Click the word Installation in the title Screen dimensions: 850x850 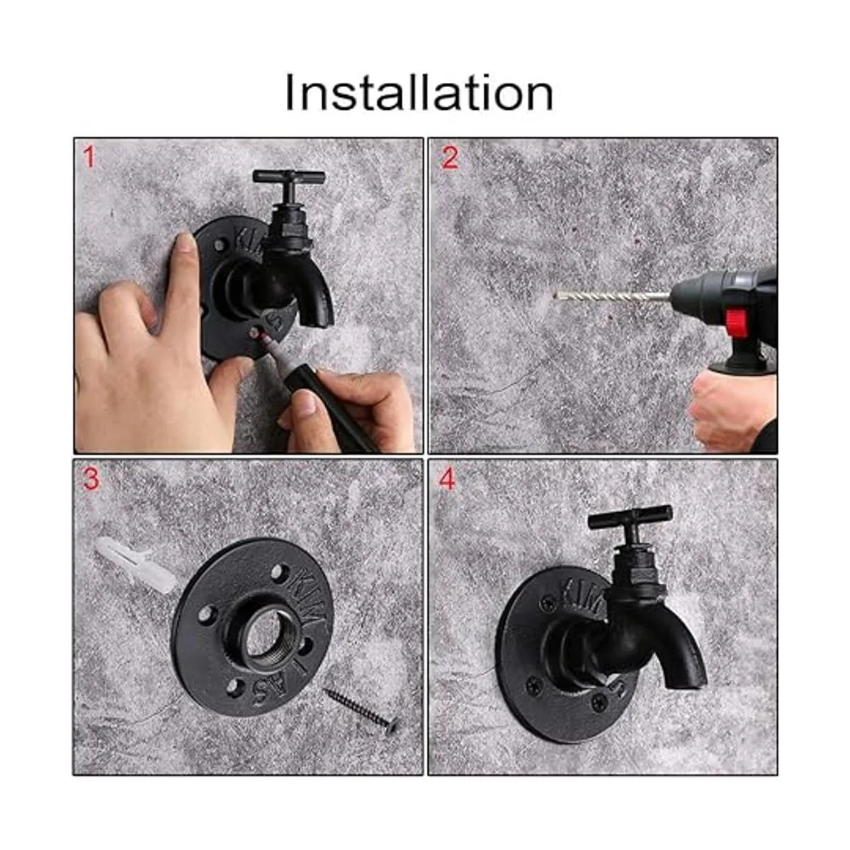point(419,92)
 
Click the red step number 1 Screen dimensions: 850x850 point(89,157)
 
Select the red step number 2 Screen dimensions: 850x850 point(450,158)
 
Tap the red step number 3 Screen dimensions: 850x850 point(91,480)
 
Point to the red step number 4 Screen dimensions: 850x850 point(446,480)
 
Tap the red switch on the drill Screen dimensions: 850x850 point(735,322)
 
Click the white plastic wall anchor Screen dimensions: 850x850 point(134,565)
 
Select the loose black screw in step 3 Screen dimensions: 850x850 point(361,710)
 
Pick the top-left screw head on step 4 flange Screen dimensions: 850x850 point(548,603)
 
